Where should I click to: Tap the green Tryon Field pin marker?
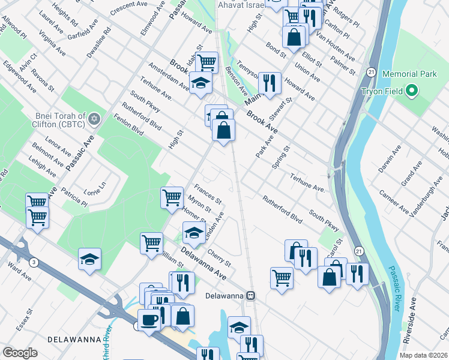[411, 91]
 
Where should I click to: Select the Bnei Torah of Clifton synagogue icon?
[93, 121]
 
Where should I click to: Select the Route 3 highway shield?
[34, 262]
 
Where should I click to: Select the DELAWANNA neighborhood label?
[76, 339]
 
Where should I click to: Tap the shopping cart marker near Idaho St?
[206, 61]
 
